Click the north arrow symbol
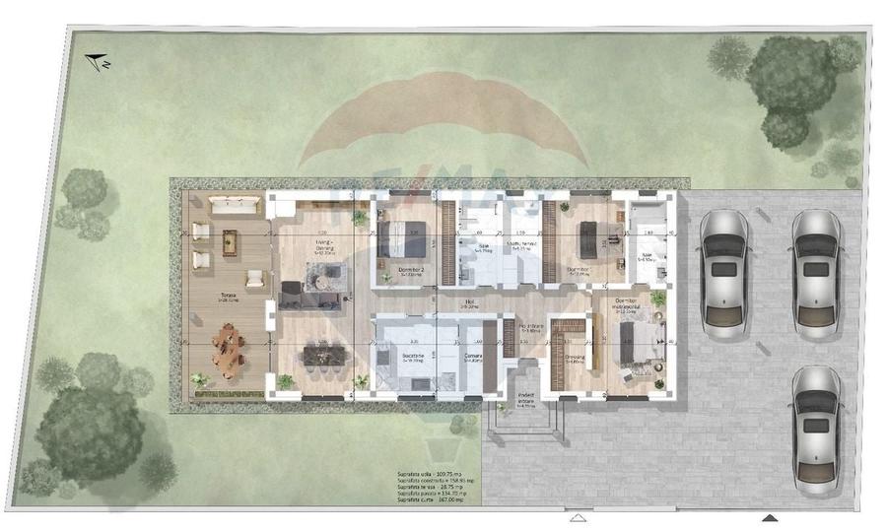[97, 62]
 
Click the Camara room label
[472, 355]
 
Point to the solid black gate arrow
[770, 517]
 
